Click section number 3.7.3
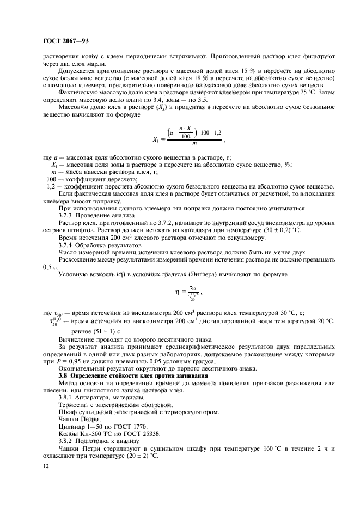pos(68,215)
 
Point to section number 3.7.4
pos(68,246)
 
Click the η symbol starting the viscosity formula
pos(177,292)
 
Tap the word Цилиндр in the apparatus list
pos(74,423)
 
